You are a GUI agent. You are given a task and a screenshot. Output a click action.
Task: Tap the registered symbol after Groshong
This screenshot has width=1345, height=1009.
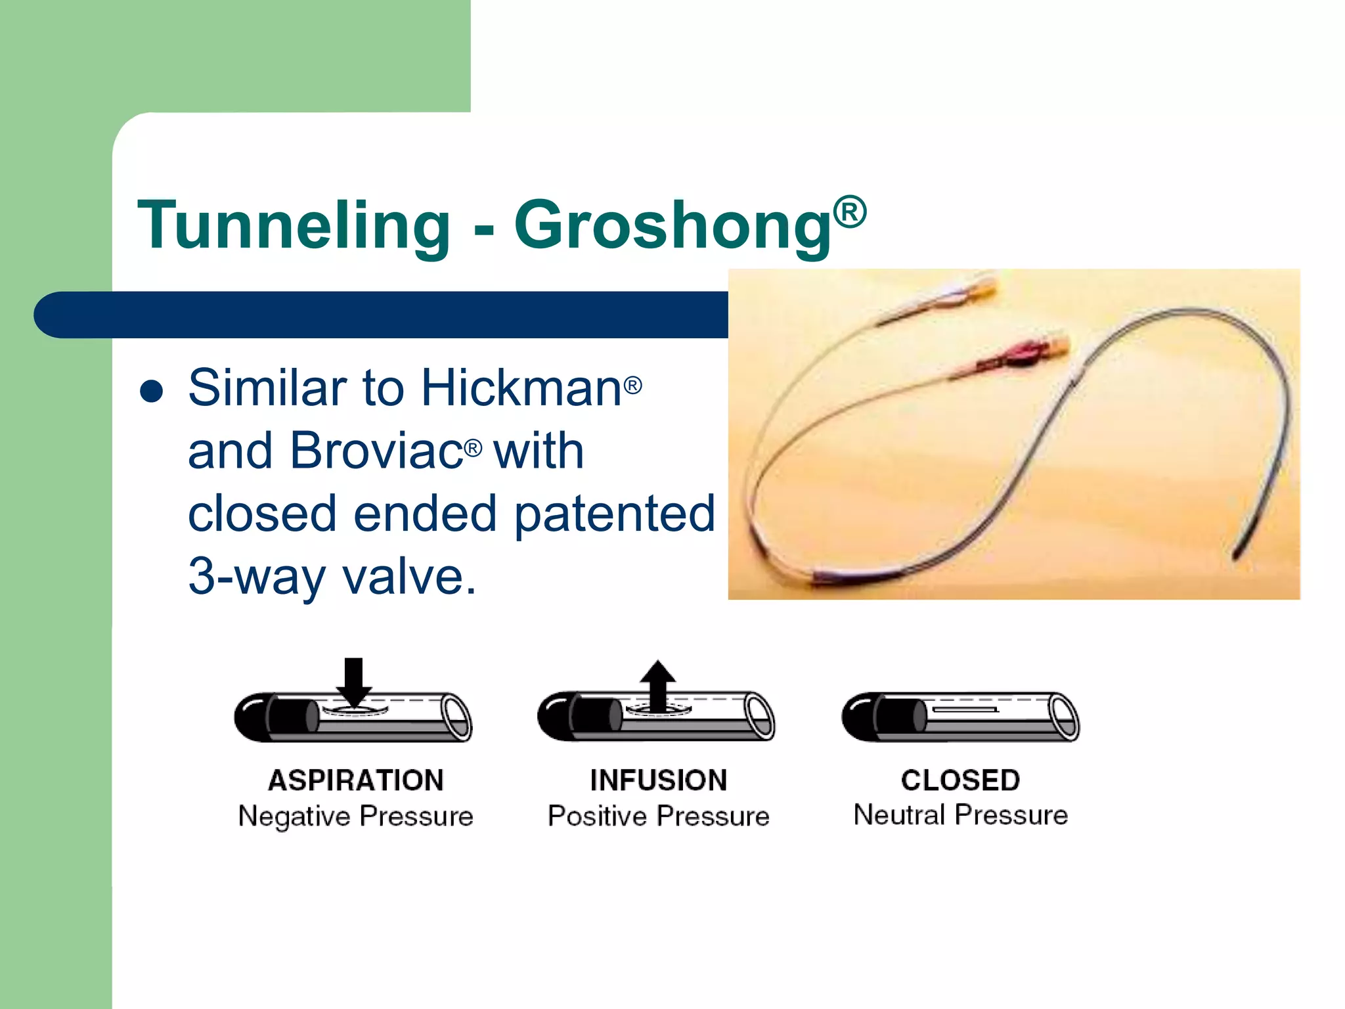coord(850,212)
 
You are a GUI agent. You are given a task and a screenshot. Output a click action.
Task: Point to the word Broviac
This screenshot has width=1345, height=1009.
coord(376,451)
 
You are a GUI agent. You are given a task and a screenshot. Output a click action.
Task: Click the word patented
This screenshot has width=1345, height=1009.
coord(614,514)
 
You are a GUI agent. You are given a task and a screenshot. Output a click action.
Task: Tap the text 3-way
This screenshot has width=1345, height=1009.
coord(257,577)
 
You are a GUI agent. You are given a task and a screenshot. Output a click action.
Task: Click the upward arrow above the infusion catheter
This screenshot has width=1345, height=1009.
coord(658,684)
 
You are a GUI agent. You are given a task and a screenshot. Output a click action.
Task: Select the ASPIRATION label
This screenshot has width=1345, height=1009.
coord(355,780)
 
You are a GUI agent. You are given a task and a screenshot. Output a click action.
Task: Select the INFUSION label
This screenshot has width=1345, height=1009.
coord(658,780)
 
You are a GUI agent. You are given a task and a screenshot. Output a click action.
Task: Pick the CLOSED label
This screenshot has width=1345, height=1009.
coord(960,780)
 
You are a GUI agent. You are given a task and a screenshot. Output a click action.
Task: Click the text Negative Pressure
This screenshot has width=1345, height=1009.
coord(355,817)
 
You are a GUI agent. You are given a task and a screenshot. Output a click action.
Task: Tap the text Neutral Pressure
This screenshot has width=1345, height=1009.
coord(960,815)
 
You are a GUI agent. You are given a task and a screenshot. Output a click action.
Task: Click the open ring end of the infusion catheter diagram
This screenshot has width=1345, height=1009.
coord(759,716)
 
